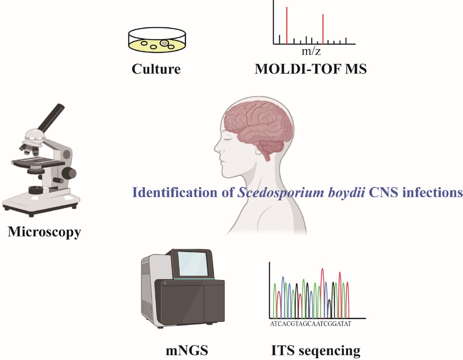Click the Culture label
(x=156, y=69)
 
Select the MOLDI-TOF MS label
(x=311, y=69)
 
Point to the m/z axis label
(x=311, y=52)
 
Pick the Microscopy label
(x=44, y=232)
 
